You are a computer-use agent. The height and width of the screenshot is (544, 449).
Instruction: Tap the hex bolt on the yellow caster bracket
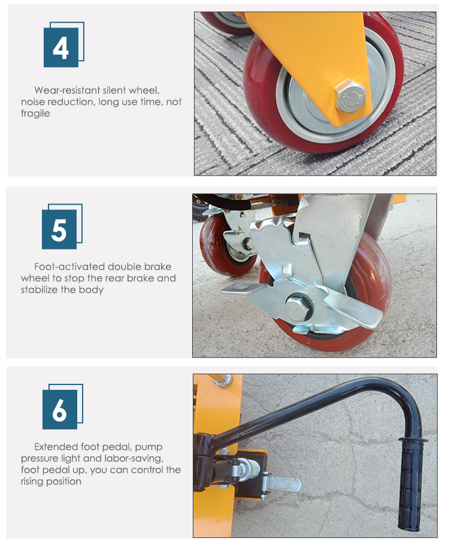tap(350, 96)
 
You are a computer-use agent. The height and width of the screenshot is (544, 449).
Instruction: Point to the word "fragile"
tap(35, 113)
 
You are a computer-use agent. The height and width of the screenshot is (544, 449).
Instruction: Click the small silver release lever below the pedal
tap(281, 483)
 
